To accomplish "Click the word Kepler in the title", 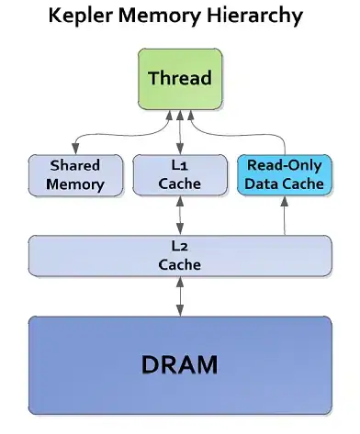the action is coord(81,16).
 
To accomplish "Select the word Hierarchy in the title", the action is coord(255,16).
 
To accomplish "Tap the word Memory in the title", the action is coord(160,17).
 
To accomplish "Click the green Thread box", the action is coord(180,79).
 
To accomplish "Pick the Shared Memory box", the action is coord(75,175).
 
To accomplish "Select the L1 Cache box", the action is coord(180,174).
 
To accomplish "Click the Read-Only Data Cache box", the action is coord(285,174).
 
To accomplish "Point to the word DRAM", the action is coord(180,364).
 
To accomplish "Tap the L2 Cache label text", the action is coord(180,256).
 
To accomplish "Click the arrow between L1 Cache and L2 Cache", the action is coord(180,216).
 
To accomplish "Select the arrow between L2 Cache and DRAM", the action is coord(180,296).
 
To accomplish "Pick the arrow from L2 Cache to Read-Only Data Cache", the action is coord(285,216).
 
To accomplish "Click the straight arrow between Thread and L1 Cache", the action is coord(180,132).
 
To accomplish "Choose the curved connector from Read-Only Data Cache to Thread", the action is coord(242,134).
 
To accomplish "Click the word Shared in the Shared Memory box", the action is coord(75,165).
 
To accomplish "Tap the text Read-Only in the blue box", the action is coord(285,165).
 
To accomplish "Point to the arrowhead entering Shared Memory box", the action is coord(75,150).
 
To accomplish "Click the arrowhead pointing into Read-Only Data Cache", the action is coord(285,201).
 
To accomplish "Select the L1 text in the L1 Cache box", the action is coord(179,165).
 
